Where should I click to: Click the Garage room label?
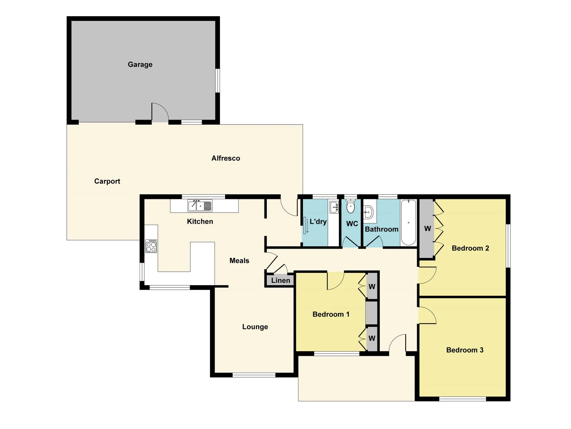tap(140, 64)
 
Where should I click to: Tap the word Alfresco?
tap(225, 158)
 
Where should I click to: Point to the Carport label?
tap(107, 181)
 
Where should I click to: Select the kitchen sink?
tap(200, 206)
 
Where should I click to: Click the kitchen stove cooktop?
tap(151, 246)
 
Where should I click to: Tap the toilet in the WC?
tap(350, 206)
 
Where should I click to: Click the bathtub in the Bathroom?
tap(408, 222)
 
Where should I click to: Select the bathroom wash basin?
tap(368, 212)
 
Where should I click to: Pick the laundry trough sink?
tap(334, 207)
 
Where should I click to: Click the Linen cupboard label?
tap(280, 280)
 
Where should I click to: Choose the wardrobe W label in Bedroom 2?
tap(427, 228)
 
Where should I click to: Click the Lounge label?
tap(255, 327)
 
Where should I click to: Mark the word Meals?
tap(239, 261)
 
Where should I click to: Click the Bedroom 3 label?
tap(464, 350)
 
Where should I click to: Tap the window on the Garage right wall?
tap(218, 81)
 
